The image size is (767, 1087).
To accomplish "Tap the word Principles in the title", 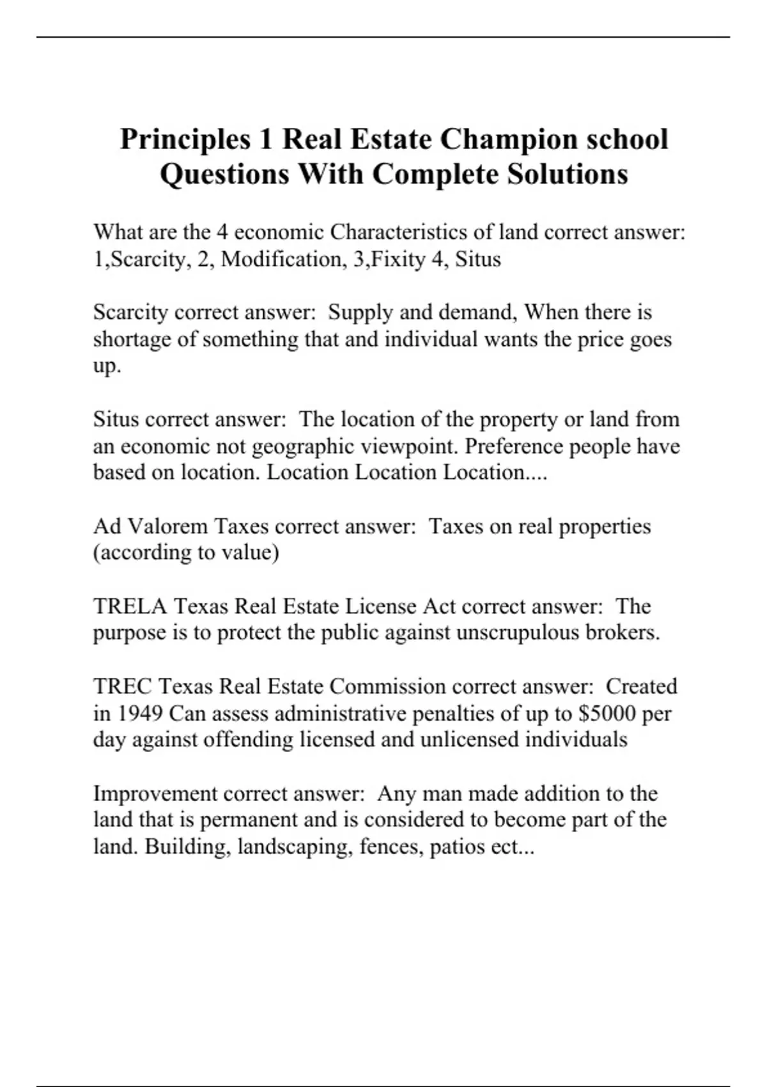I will pyautogui.click(x=185, y=139).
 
